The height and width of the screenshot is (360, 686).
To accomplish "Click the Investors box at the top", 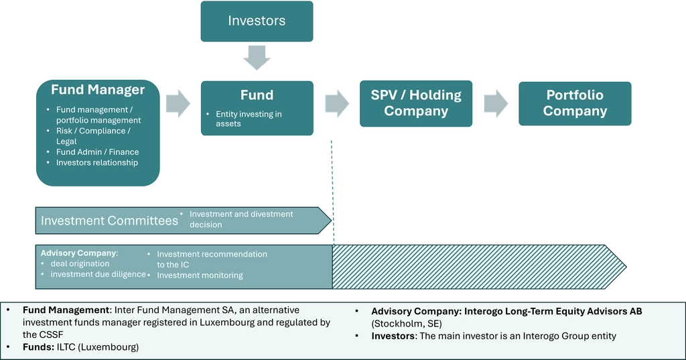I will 257,21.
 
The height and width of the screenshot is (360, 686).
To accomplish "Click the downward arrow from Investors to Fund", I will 257,58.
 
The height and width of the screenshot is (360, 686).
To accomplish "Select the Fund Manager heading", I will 98,90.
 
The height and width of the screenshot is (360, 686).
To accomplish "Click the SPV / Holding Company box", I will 416,103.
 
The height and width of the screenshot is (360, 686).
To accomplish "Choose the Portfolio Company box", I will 575,103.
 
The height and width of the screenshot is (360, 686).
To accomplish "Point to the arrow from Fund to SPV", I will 337,103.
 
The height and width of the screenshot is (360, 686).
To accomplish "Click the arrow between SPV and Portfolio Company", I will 496,103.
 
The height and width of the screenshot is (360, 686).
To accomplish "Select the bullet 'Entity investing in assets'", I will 249,119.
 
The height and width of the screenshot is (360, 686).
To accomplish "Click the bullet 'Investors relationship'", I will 97,162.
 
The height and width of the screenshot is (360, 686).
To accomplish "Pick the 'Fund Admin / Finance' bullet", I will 98,152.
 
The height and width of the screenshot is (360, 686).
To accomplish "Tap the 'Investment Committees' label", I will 109,221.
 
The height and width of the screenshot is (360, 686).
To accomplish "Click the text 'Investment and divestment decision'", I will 241,219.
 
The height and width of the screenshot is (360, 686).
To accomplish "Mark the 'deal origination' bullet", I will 80,263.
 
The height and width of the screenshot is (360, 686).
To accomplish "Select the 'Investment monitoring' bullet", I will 200,275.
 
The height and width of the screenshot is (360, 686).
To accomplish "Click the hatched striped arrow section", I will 476,267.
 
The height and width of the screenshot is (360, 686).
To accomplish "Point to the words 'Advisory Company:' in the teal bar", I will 79,253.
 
